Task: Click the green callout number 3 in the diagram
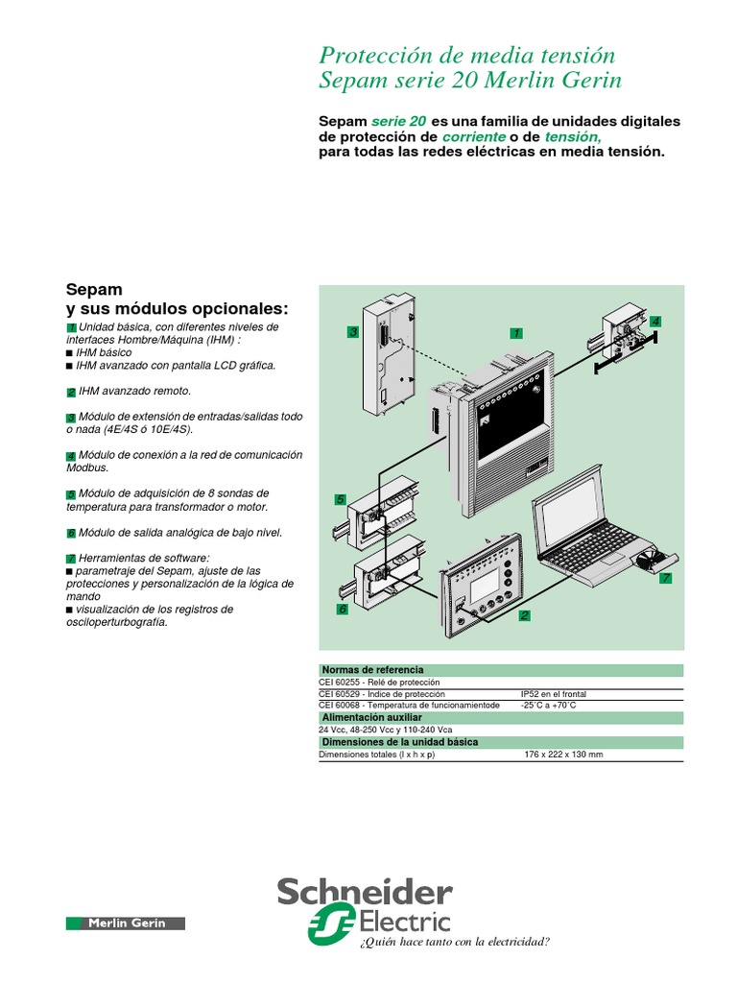pyautogui.click(x=353, y=332)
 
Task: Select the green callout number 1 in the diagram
pyautogui.click(x=516, y=332)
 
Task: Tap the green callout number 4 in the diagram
pyautogui.click(x=655, y=320)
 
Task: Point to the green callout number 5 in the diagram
pyautogui.click(x=340, y=499)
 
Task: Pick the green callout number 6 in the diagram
pyautogui.click(x=341, y=609)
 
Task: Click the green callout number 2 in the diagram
pyautogui.click(x=524, y=614)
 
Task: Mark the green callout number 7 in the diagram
pyautogui.click(x=665, y=579)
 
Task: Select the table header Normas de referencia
pyautogui.click(x=373, y=669)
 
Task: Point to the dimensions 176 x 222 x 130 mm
pyautogui.click(x=563, y=755)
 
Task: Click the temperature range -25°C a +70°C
pyautogui.click(x=548, y=706)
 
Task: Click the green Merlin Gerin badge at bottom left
pyautogui.click(x=127, y=923)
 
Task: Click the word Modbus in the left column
pyautogui.click(x=86, y=468)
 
